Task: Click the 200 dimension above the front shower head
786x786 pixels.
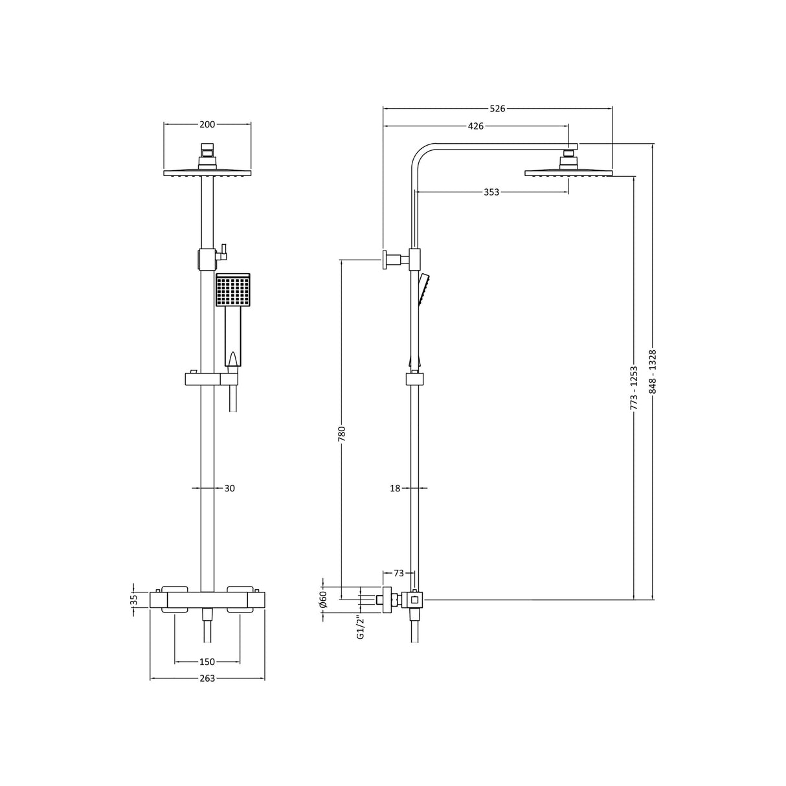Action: coord(207,124)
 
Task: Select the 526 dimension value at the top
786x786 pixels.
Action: coord(497,108)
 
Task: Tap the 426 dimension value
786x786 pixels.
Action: coord(476,126)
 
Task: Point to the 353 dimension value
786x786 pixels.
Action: coord(491,192)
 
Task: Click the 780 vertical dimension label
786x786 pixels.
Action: coord(342,433)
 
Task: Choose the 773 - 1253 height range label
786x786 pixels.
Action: coord(634,387)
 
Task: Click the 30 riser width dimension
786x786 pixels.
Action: coord(229,488)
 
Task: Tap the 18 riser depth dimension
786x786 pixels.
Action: coord(396,488)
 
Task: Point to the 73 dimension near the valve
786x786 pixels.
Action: coord(399,573)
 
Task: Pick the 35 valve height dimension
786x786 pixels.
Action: coord(135,600)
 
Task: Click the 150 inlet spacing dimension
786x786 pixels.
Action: coord(207,662)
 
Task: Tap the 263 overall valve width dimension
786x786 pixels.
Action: coord(207,678)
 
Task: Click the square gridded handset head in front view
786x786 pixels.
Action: coord(232,291)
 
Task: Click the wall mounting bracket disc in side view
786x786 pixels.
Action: coord(384,260)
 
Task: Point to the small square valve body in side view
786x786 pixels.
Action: coord(415,600)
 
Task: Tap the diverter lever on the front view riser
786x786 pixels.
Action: coord(223,249)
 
